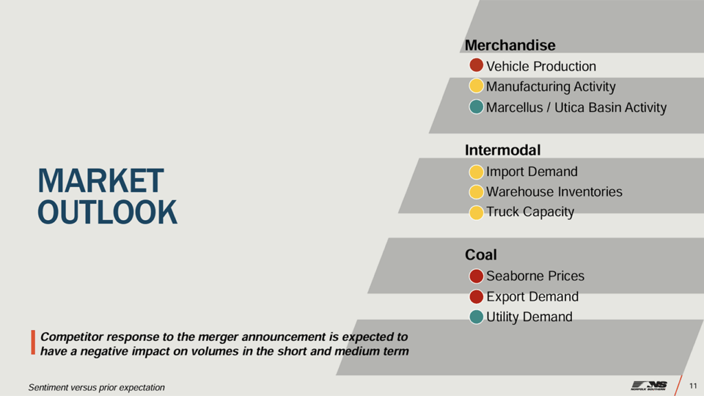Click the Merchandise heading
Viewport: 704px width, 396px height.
click(509, 45)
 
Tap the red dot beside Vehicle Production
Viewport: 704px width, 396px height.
click(476, 66)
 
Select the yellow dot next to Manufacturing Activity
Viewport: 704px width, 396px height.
click(476, 87)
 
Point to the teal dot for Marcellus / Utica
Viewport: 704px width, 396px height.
click(476, 107)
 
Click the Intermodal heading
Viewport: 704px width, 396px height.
click(503, 150)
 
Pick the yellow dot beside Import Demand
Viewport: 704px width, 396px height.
click(476, 171)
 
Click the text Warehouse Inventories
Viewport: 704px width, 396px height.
click(554, 192)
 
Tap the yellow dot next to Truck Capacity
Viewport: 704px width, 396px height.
click(476, 212)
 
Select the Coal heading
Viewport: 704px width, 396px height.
click(481, 255)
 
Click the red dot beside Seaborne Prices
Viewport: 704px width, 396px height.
click(476, 276)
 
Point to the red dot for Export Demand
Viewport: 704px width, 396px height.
click(476, 297)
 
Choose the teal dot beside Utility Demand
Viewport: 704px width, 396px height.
click(476, 317)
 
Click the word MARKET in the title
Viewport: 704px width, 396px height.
click(101, 181)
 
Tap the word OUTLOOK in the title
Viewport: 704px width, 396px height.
click(107, 212)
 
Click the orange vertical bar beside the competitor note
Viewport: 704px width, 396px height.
click(33, 343)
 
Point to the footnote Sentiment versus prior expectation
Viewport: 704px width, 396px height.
click(96, 387)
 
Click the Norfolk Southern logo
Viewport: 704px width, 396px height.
click(649, 385)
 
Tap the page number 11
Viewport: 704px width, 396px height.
click(692, 385)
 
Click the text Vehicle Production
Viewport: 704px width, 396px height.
click(541, 67)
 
